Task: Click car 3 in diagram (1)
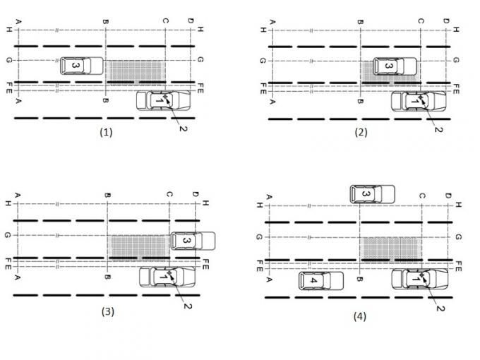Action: click(x=80, y=66)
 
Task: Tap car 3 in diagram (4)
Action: click(x=371, y=193)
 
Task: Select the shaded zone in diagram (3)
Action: click(x=138, y=244)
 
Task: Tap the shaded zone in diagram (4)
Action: click(x=390, y=249)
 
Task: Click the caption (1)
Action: click(x=107, y=131)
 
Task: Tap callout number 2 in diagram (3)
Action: click(x=187, y=304)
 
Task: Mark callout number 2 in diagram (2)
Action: click(x=438, y=129)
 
